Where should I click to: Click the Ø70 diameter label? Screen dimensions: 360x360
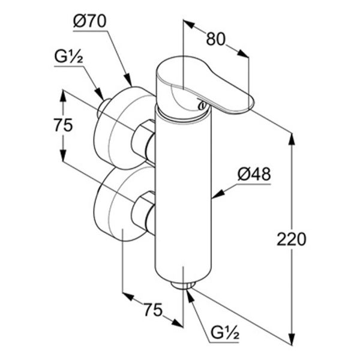click(x=90, y=22)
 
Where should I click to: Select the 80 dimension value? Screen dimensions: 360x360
click(x=216, y=39)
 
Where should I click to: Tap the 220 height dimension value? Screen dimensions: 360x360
click(x=292, y=239)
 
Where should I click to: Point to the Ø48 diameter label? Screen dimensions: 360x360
click(x=254, y=174)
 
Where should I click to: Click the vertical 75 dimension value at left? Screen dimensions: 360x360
click(x=64, y=125)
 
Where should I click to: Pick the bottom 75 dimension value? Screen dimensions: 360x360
click(x=153, y=310)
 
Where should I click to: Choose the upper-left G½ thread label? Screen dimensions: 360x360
click(x=68, y=57)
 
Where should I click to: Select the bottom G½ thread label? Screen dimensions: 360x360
click(x=225, y=334)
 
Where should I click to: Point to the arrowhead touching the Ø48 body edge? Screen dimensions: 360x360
click(x=217, y=194)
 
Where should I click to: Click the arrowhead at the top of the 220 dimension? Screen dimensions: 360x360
click(x=292, y=139)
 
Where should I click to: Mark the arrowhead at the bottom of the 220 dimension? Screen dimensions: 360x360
click(x=292, y=340)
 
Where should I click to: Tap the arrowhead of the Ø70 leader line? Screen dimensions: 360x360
click(x=128, y=80)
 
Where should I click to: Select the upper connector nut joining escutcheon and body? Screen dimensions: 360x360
click(x=143, y=141)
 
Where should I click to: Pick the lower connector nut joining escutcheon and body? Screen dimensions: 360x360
click(x=143, y=212)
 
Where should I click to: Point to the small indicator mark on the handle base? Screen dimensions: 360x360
click(x=202, y=105)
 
